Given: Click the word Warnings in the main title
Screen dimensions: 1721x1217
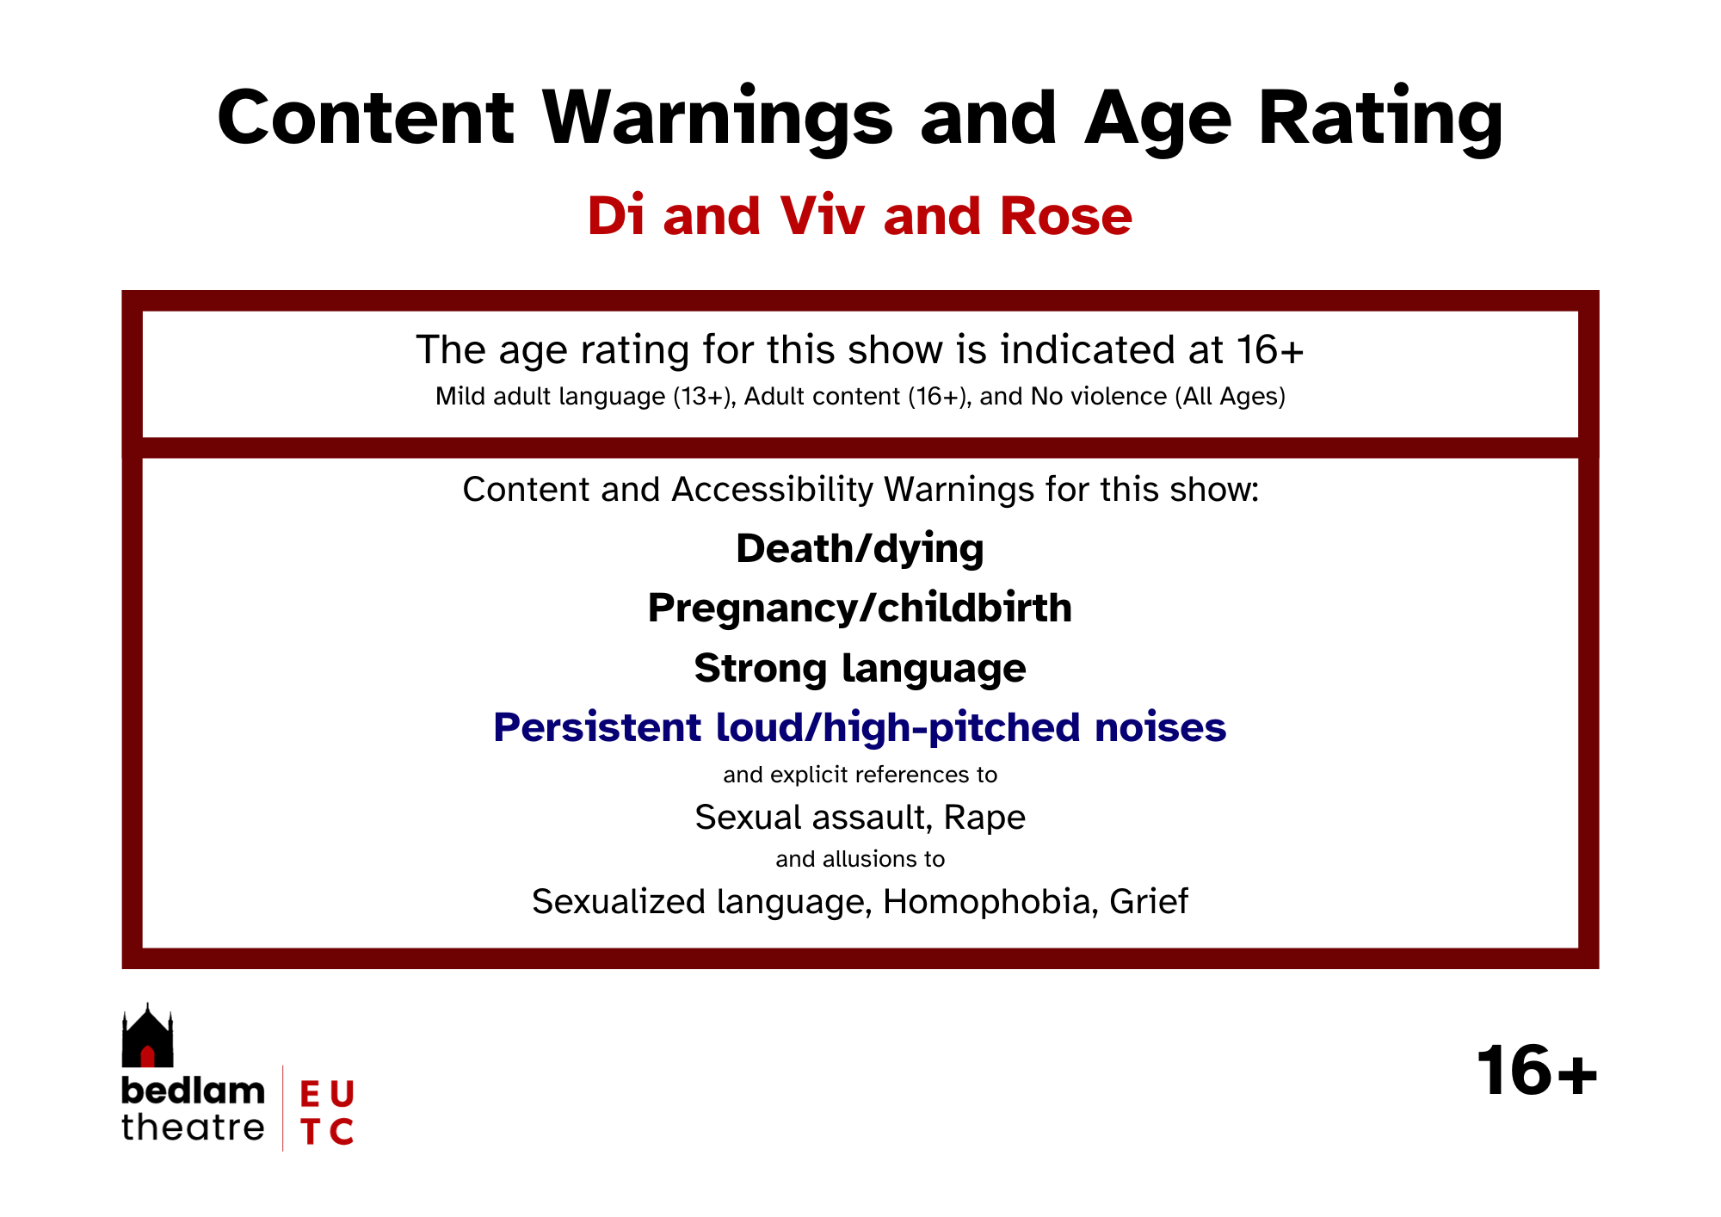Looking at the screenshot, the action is tap(718, 120).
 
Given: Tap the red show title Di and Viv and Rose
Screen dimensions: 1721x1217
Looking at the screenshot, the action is tap(860, 215).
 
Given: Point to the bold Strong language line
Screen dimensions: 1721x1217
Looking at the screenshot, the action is tap(860, 669).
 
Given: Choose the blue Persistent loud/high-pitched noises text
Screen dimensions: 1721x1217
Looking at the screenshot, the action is tap(860, 728).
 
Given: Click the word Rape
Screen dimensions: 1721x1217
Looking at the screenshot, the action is tap(984, 818).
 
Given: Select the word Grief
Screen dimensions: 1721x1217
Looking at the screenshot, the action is tap(1149, 902).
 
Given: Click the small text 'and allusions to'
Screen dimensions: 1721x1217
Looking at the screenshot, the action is tap(860, 859).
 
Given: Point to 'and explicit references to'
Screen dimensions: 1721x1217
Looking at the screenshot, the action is tap(860, 775).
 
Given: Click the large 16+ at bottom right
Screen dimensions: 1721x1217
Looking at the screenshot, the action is tap(1537, 1072).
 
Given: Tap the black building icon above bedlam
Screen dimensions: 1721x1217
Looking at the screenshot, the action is tap(147, 1035).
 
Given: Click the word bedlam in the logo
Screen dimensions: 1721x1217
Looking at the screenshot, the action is tap(193, 1090).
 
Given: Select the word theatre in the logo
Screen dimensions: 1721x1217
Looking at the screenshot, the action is tap(193, 1127).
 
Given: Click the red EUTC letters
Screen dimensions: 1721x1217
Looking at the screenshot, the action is tap(327, 1113).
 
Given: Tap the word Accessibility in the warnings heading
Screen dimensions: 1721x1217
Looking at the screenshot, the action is tap(772, 490).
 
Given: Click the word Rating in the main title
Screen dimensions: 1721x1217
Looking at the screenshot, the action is tap(1381, 120).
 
